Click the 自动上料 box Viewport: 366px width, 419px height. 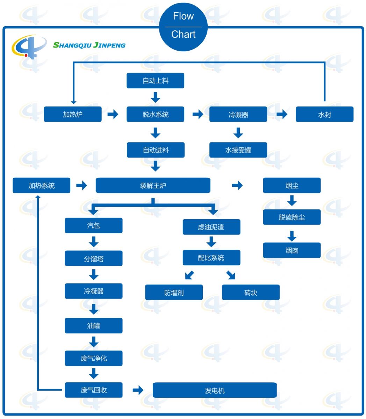pos(155,81)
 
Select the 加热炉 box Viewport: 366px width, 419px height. pos(73,114)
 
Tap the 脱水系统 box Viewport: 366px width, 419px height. pos(155,114)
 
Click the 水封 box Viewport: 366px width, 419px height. pos(324,114)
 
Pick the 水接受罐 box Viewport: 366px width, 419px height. pos(238,150)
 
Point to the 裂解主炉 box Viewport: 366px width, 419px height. pos(153,185)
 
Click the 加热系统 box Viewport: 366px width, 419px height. pos(41,185)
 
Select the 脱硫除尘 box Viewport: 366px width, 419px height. pos(292,217)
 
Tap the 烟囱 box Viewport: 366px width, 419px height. pos(292,250)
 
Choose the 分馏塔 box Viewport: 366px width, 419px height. pos(94,258)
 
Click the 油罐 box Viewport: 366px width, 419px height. pos(94,325)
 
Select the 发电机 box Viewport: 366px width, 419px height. pos(215,390)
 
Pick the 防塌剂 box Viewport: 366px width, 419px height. pos(174,292)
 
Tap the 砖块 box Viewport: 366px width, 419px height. pos(251,292)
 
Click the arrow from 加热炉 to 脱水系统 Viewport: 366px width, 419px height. pos(113,114)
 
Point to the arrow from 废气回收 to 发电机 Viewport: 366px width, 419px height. pos(138,390)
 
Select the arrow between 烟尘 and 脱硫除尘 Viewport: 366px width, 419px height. pos(292,200)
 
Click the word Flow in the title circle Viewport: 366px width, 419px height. pos(183,16)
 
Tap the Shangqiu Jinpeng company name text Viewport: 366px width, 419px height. pos(89,45)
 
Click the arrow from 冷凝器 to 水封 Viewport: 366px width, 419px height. pos(282,114)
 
